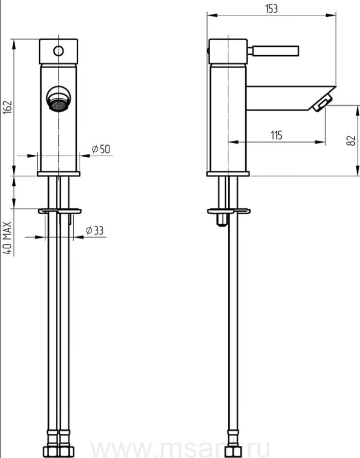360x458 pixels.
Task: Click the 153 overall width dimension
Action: tap(271, 9)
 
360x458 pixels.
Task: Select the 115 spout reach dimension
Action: tap(276, 135)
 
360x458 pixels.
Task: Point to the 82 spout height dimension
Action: tap(351, 140)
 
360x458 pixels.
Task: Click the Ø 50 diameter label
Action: tap(101, 149)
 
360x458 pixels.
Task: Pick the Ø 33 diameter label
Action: tap(95, 231)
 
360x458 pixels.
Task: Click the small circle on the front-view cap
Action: tap(58, 51)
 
